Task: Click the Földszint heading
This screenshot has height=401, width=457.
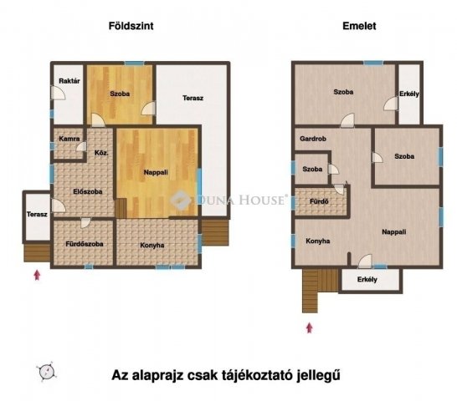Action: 131,27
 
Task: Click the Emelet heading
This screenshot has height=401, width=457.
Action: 359,27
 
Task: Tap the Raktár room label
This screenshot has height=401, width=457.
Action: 69,80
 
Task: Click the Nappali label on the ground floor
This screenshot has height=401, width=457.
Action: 156,173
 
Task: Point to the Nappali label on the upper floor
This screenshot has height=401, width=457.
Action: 393,232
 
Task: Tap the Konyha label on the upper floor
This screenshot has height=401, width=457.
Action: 318,241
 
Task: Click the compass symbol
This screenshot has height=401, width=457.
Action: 47,373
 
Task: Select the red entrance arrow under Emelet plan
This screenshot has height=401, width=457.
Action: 311,327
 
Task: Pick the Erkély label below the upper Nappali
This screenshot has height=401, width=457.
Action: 367,280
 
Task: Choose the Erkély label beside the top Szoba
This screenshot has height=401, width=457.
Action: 409,94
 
